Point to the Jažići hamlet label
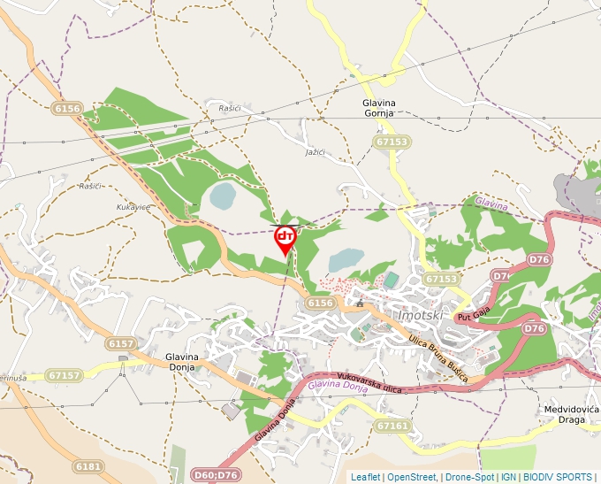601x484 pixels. click(314, 153)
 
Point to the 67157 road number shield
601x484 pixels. click(65, 375)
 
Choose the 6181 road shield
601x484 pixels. click(88, 466)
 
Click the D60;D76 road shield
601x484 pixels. click(215, 475)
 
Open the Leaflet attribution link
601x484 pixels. click(365, 477)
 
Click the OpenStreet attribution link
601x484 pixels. click(411, 477)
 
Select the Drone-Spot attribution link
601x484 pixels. click(469, 477)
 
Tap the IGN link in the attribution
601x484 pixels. click(508, 477)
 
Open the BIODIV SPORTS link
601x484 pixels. click(559, 477)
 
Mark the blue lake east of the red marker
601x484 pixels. click(346, 259)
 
